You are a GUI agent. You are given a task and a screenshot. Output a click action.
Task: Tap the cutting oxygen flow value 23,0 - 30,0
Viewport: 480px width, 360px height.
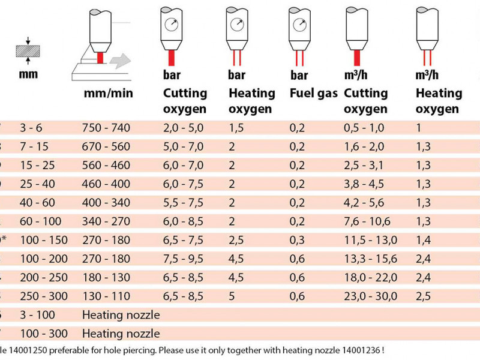click(370, 296)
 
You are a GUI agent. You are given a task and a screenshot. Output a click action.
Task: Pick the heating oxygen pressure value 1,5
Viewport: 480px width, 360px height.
click(235, 127)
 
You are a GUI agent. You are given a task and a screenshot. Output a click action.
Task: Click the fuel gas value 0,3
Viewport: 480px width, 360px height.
click(297, 240)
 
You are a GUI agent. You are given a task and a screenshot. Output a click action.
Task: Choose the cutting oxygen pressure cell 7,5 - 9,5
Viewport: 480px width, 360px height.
click(184, 259)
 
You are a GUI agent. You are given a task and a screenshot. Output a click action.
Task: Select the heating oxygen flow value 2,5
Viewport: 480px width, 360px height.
click(424, 296)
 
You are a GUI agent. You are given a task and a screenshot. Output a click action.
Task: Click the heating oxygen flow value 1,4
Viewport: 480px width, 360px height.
click(424, 240)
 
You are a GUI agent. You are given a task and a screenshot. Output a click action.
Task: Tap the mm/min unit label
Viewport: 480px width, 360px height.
click(107, 94)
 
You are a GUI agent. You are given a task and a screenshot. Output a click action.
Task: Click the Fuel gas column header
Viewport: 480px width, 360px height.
click(314, 94)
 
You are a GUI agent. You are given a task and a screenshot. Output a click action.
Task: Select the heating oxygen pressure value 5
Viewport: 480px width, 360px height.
click(232, 296)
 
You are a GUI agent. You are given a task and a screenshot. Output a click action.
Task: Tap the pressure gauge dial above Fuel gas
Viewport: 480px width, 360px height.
click(299, 25)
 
